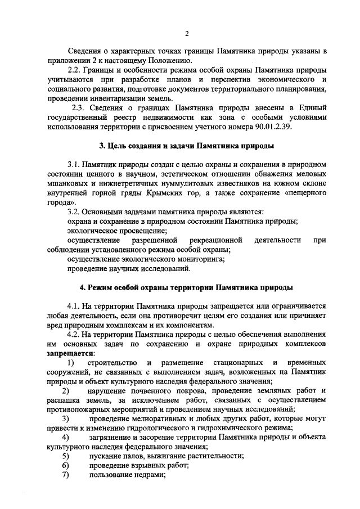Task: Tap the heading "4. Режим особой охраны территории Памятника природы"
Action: click(x=186, y=287)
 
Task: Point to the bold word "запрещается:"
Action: click(x=71, y=353)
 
